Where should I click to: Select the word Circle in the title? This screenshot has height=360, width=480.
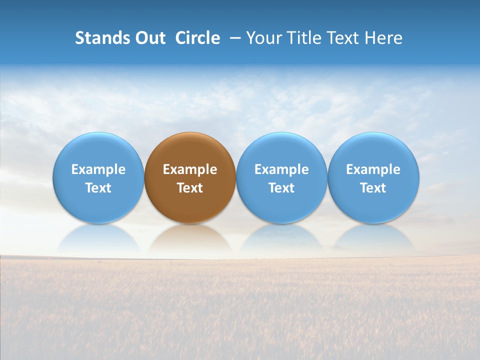point(197,38)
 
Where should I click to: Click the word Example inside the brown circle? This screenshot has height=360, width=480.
point(190,169)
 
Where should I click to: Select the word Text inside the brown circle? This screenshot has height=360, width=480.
point(190,188)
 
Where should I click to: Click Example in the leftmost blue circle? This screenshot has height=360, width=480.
point(98,169)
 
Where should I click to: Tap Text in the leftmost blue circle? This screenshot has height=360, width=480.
point(98,188)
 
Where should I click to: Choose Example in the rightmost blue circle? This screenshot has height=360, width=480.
point(373,169)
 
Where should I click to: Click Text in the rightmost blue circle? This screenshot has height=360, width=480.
point(373,188)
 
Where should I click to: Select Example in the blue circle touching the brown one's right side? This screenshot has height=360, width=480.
point(281,169)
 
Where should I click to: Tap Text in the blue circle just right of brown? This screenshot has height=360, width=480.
point(281,188)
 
